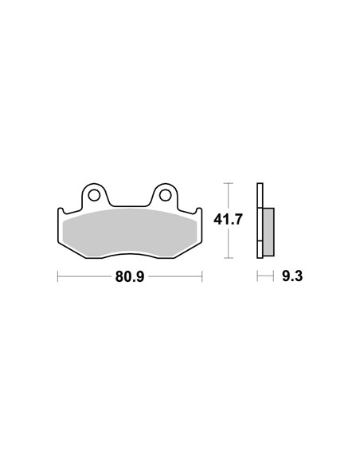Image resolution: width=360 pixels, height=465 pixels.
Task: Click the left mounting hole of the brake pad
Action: point(94,195)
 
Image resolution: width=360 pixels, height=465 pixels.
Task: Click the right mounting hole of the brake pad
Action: point(165,195)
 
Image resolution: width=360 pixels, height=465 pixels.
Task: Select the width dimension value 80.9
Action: point(130,276)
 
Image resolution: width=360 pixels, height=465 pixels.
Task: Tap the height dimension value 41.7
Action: point(229,220)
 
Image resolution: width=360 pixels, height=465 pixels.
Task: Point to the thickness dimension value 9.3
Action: point(292,276)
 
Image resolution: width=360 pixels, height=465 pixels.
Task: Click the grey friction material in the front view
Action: point(130,232)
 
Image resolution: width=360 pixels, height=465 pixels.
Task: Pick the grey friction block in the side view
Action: point(268,232)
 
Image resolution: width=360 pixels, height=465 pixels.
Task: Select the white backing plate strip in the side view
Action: point(260,221)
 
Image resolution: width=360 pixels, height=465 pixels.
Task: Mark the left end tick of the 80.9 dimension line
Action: point(57,276)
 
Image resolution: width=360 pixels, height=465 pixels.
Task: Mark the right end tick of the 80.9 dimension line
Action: point(202,276)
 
